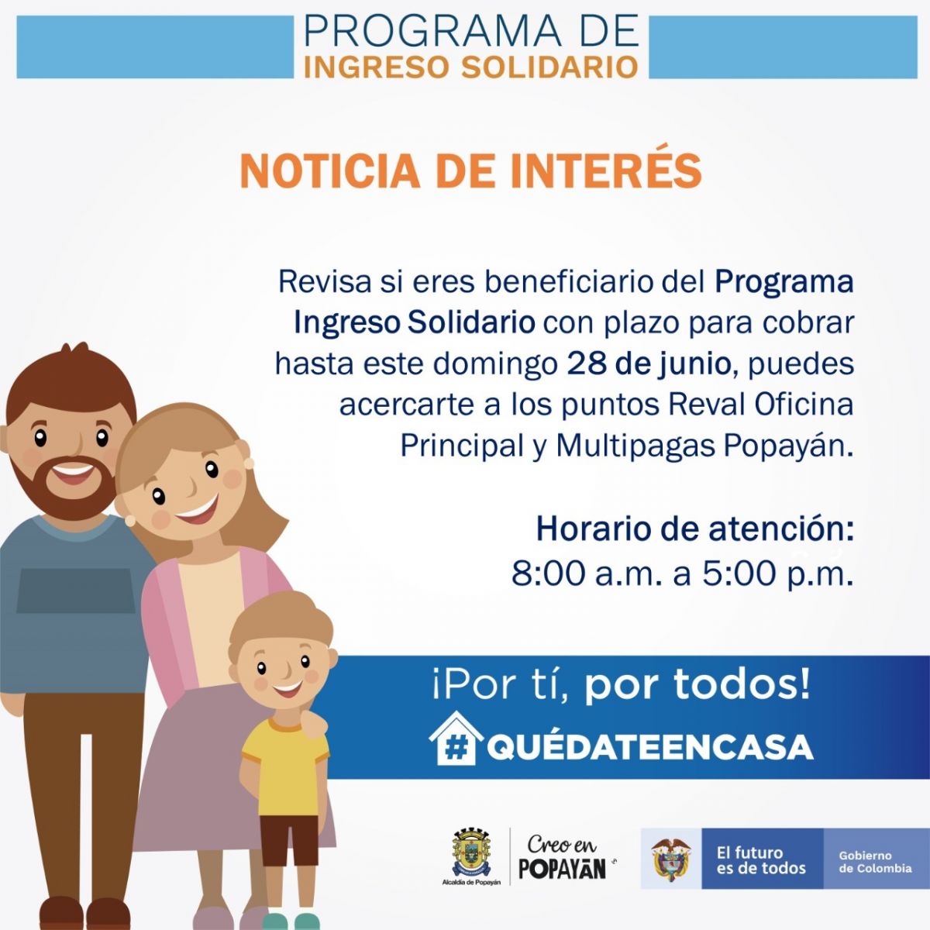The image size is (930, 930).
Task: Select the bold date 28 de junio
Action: [x=649, y=364]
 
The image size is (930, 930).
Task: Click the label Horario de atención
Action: [x=694, y=529]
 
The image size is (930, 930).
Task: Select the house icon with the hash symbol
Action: [x=456, y=738]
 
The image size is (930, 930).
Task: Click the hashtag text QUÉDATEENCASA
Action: [x=649, y=746]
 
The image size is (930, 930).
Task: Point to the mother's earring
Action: [x=130, y=520]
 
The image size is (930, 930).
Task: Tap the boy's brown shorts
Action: [x=289, y=840]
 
